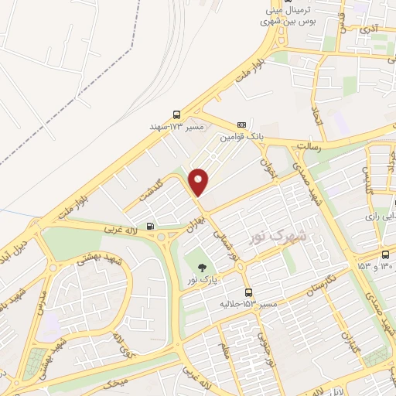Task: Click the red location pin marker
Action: point(200,181)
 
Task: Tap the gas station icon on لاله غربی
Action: point(150,227)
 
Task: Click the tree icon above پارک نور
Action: point(201,267)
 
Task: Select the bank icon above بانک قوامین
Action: point(241,124)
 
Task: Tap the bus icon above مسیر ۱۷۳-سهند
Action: point(176,113)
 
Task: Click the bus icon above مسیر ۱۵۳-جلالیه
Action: point(248,292)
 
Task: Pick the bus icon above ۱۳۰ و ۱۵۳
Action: point(385,254)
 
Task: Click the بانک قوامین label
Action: point(237,136)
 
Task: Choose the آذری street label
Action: point(371,29)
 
